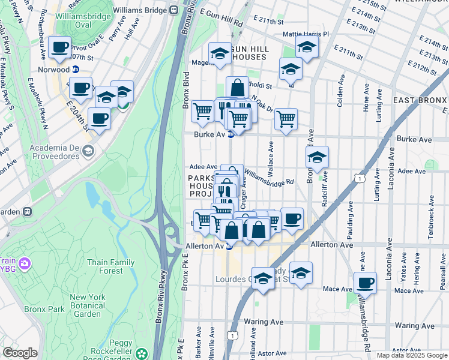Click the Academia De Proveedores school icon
[89, 151]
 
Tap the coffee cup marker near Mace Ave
[365, 282]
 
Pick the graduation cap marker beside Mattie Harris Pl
[307, 48]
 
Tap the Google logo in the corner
[20, 353]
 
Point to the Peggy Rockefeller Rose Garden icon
[142, 353]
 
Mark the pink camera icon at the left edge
[24, 263]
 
